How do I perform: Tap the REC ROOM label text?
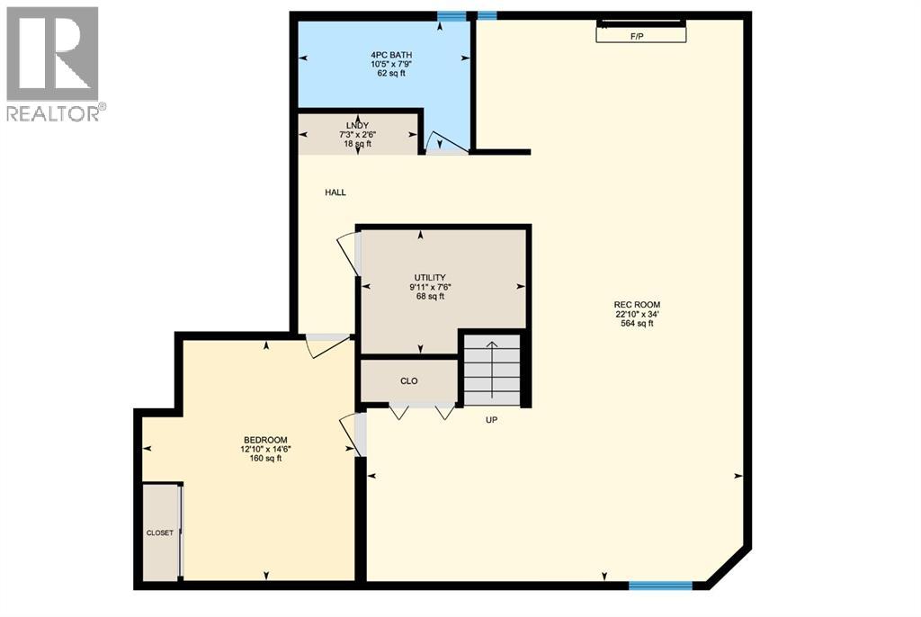[637, 305]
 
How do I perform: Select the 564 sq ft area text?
[637, 324]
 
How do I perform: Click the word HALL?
[335, 192]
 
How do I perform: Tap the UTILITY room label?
[431, 277]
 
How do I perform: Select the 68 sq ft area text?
[431, 297]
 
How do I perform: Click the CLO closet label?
[408, 380]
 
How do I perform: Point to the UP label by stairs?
[491, 420]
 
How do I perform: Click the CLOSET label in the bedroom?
[160, 533]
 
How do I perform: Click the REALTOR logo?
[53, 63]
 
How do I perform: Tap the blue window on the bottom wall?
[660, 586]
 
